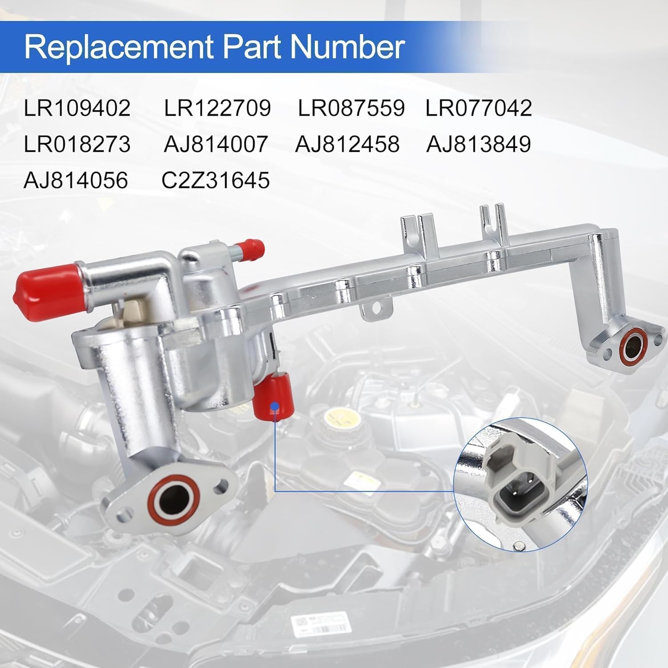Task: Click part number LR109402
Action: click(77, 108)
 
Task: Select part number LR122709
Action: click(217, 108)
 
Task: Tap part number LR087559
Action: click(351, 108)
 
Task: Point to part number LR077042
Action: click(479, 108)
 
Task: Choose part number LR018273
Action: click(77, 144)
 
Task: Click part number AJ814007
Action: click(216, 144)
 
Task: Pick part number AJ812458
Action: click(347, 144)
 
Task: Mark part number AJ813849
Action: click(479, 144)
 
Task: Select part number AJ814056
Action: click(76, 180)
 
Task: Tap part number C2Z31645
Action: click(216, 180)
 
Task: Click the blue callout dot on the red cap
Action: click(275, 406)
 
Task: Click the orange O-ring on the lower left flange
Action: click(177, 496)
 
